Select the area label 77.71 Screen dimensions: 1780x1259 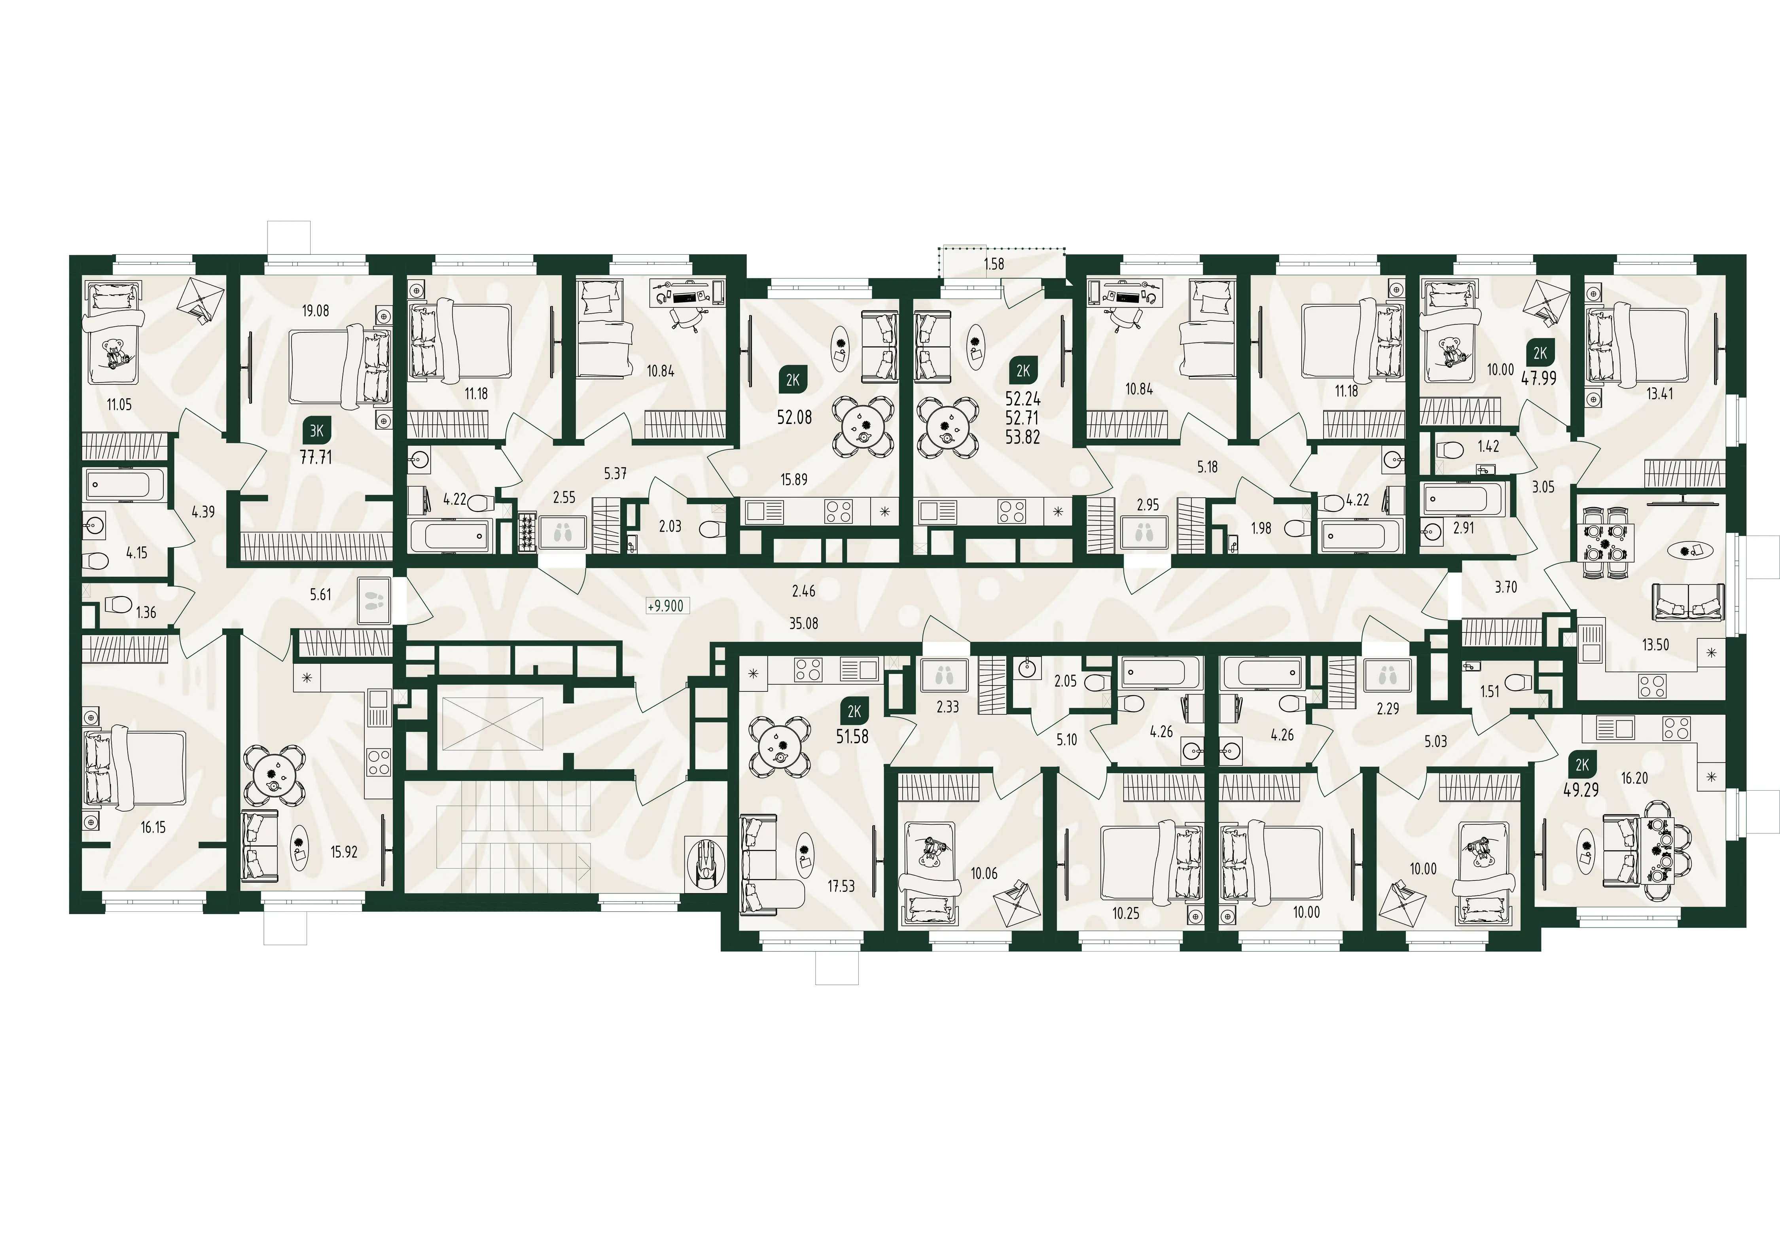[316, 457]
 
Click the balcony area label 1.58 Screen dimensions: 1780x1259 [994, 263]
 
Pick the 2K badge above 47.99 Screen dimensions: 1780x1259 [1540, 354]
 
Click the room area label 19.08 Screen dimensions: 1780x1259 [316, 311]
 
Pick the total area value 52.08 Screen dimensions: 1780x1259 [794, 417]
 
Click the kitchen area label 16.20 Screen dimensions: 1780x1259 [1634, 778]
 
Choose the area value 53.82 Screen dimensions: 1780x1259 [1023, 437]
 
